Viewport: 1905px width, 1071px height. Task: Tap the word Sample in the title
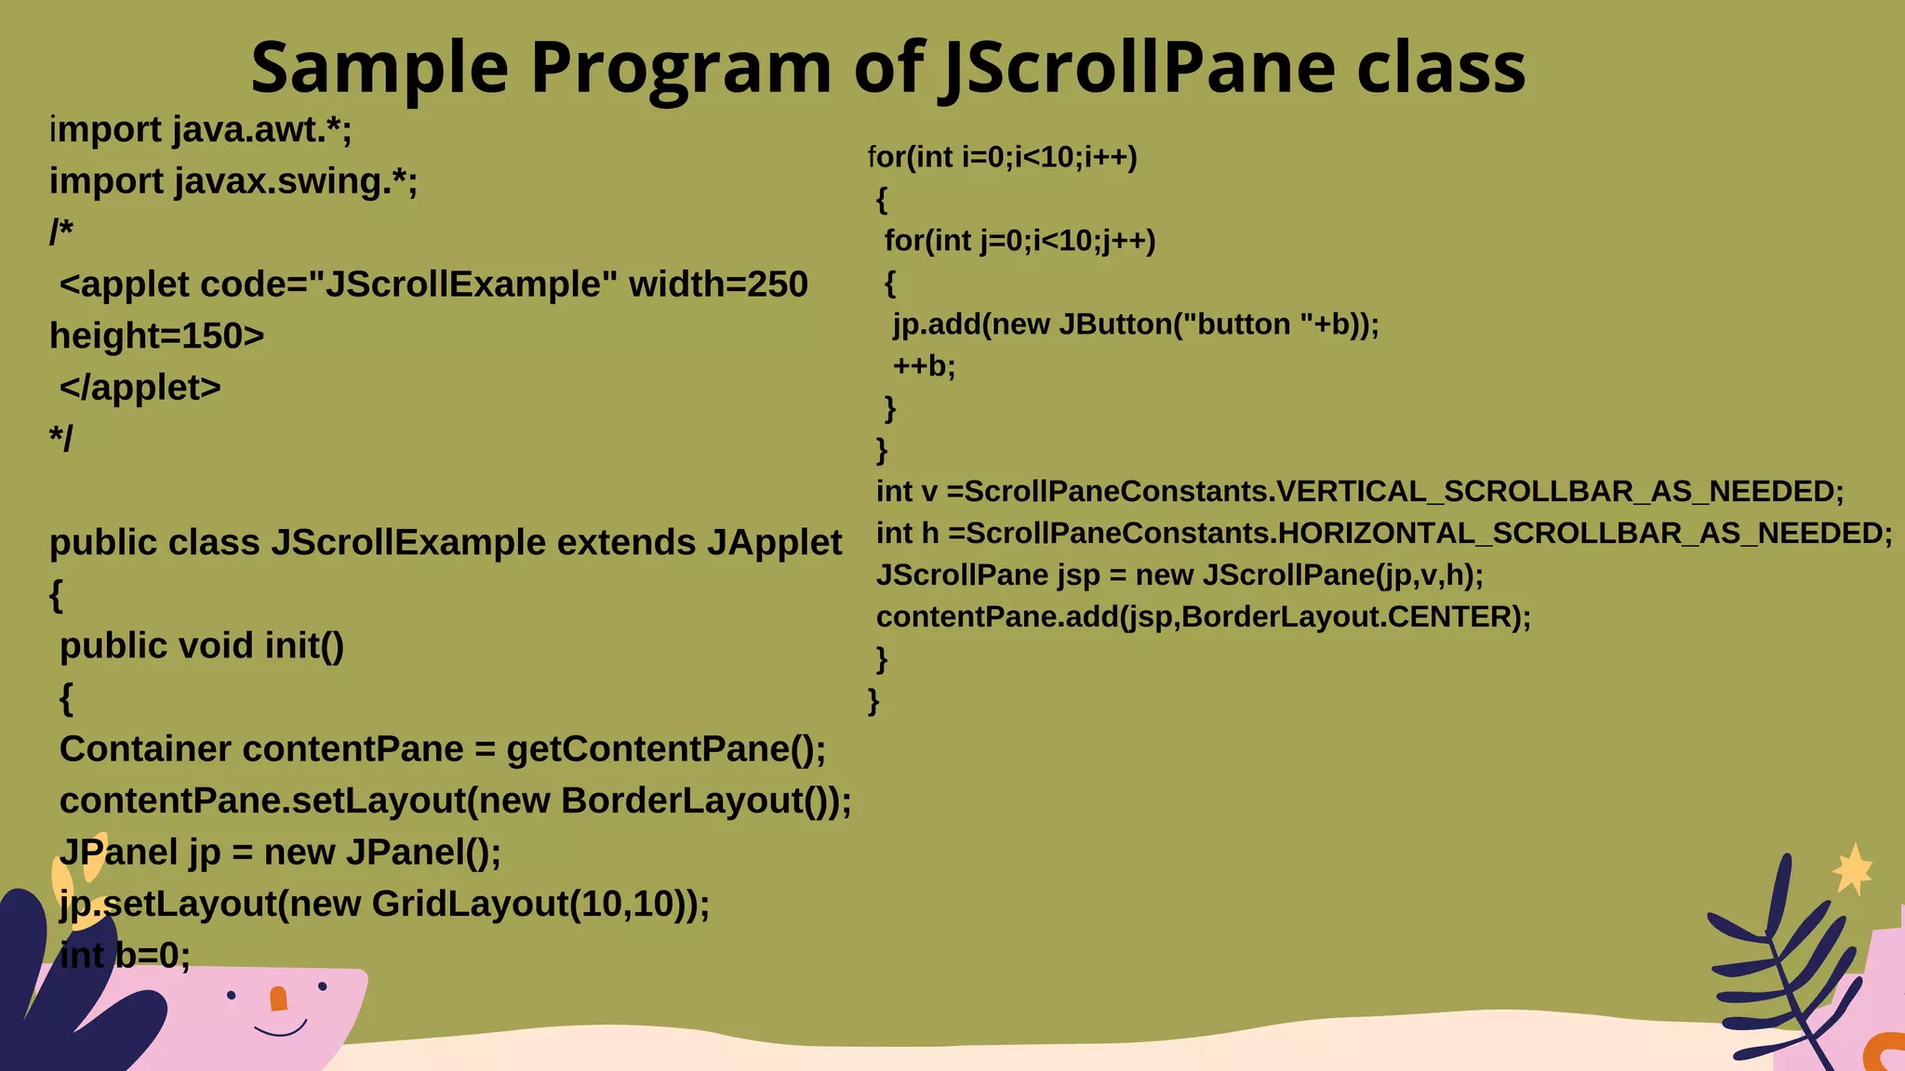coord(380,68)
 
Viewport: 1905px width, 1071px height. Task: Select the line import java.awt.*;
coord(201,130)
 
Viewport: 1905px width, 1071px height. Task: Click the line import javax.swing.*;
coord(233,181)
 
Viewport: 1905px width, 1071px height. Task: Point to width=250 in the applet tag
coord(718,284)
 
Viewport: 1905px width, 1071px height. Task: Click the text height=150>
coord(157,336)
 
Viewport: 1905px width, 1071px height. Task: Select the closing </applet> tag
coord(140,388)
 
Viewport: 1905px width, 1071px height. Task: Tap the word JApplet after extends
coord(774,543)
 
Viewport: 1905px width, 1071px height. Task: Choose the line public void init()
coord(202,646)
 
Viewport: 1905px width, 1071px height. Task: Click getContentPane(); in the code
coord(666,749)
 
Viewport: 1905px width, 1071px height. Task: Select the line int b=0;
coord(125,956)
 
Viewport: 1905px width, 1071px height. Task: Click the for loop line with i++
coord(1003,157)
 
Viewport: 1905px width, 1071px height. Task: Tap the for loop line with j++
coord(1019,241)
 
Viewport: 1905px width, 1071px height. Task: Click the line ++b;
coord(924,366)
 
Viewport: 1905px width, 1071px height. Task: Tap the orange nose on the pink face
coord(278,998)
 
